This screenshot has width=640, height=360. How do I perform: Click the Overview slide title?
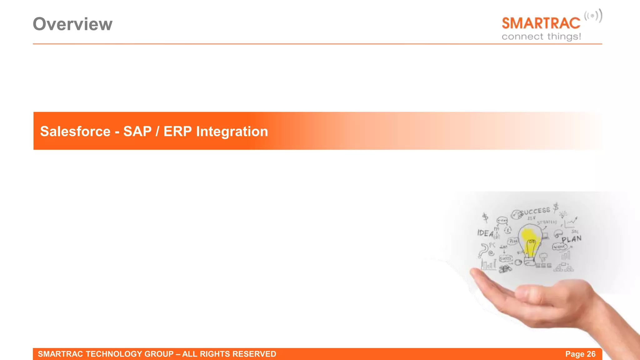point(72,24)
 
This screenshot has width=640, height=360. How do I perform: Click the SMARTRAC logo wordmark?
point(541,23)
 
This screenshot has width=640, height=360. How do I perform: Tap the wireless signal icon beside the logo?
point(593,16)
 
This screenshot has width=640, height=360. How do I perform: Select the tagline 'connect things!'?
point(541,37)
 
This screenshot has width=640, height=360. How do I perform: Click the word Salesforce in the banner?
point(75,131)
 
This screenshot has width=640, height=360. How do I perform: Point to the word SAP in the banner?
point(137,131)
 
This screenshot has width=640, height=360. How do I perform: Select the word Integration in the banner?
point(232,131)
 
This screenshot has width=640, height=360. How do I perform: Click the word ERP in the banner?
point(177,131)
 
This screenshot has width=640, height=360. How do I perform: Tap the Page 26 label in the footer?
point(580,354)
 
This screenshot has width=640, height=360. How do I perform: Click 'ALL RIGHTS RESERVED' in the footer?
point(229,354)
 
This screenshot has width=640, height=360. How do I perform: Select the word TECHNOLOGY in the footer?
point(114,354)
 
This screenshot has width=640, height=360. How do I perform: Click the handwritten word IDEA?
point(485,233)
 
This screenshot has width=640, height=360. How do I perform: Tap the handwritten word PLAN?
point(572,239)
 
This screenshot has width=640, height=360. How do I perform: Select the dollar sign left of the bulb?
point(485,217)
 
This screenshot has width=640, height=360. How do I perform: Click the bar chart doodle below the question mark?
point(488,265)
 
